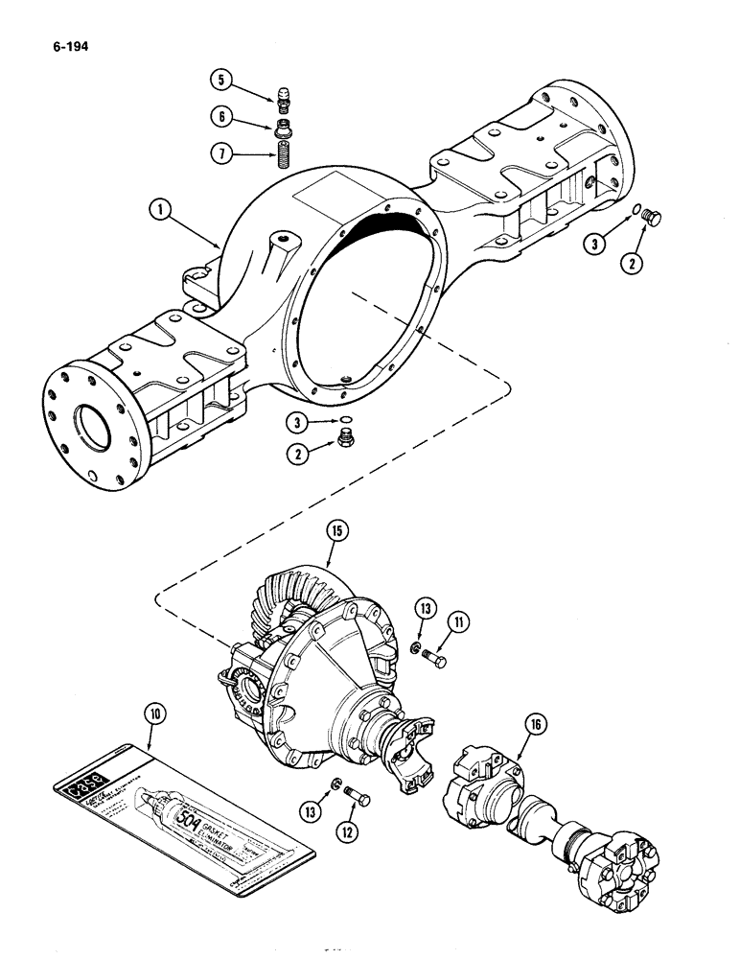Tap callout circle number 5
[220, 80]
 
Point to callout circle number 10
[154, 713]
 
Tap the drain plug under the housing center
[344, 440]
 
